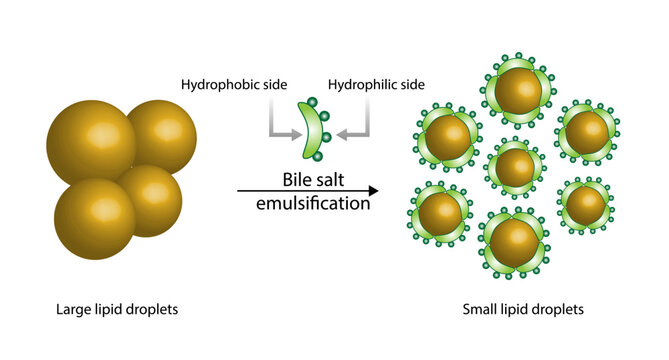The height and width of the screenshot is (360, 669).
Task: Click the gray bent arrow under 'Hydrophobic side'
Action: click(x=279, y=120)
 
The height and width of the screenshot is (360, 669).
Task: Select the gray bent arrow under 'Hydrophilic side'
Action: click(x=356, y=120)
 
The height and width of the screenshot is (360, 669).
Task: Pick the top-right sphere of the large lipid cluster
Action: click(x=160, y=135)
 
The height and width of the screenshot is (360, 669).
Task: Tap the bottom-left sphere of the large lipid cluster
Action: click(x=95, y=218)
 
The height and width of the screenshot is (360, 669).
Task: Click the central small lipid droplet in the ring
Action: click(x=515, y=167)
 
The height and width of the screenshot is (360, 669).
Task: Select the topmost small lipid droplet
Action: click(x=518, y=91)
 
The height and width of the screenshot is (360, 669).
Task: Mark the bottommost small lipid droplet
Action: click(x=514, y=241)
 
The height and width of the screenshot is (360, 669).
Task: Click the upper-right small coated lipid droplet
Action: click(x=586, y=131)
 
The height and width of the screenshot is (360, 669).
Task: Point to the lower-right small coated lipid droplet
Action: click(x=585, y=205)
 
